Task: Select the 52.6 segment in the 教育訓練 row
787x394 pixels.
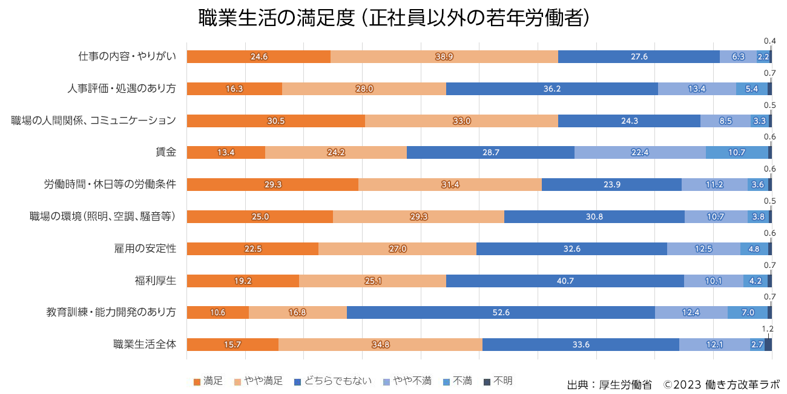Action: [x=501, y=312]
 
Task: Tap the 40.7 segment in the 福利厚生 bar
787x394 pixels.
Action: [x=565, y=281]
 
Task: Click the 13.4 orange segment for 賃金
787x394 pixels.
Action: [x=226, y=152]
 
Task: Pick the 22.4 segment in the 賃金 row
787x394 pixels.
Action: [x=640, y=152]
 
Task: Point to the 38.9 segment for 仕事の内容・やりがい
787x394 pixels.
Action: [x=444, y=56]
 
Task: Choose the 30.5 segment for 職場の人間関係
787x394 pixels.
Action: [x=275, y=121]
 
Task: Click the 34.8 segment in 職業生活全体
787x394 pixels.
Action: [x=380, y=344]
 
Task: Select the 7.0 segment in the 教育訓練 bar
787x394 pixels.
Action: [x=748, y=312]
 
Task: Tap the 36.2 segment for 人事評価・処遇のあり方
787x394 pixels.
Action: [x=552, y=88]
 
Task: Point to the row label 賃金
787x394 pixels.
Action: [x=166, y=152]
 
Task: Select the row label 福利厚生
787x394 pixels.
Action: [x=155, y=281]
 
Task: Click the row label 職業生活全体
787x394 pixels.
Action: [x=145, y=344]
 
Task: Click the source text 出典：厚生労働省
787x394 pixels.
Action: [x=609, y=384]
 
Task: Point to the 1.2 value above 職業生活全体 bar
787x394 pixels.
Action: [x=767, y=329]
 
